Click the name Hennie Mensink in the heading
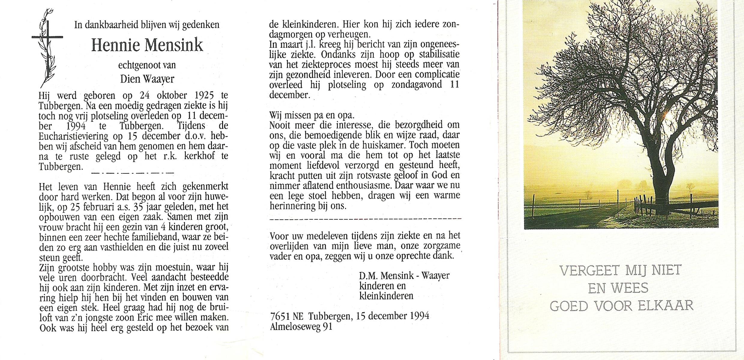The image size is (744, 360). coord(147,45)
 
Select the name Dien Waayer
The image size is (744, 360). coord(147,79)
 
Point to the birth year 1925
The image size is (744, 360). coord(204,95)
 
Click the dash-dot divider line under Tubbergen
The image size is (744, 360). coord(132,173)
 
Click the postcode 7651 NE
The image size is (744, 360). coord(287,316)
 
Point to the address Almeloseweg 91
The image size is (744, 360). coord(301,326)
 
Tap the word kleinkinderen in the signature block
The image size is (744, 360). coord(386,295)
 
